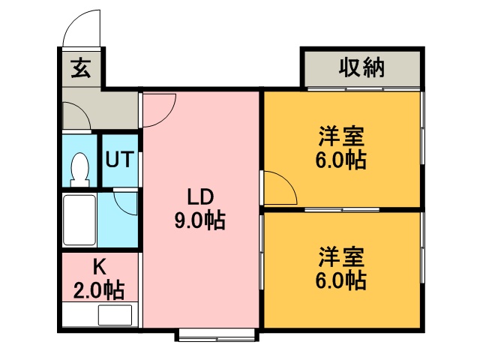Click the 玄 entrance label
pyautogui.click(x=81, y=68)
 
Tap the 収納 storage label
pyautogui.click(x=361, y=67)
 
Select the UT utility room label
pyautogui.click(x=120, y=159)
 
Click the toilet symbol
pyautogui.click(x=80, y=169)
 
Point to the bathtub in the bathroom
pyautogui.click(x=79, y=220)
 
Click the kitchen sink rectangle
pyautogui.click(x=115, y=315)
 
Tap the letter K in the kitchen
pyautogui.click(x=100, y=267)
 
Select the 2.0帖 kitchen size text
pyautogui.click(x=99, y=290)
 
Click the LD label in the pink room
pyautogui.click(x=200, y=197)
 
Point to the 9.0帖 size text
pyautogui.click(x=200, y=220)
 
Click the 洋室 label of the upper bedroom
pyautogui.click(x=341, y=136)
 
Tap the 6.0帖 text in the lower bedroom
pyautogui.click(x=341, y=280)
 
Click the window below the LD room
pyautogui.click(x=217, y=334)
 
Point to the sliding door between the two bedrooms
pyautogui.click(x=342, y=210)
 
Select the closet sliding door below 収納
pyautogui.click(x=364, y=89)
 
